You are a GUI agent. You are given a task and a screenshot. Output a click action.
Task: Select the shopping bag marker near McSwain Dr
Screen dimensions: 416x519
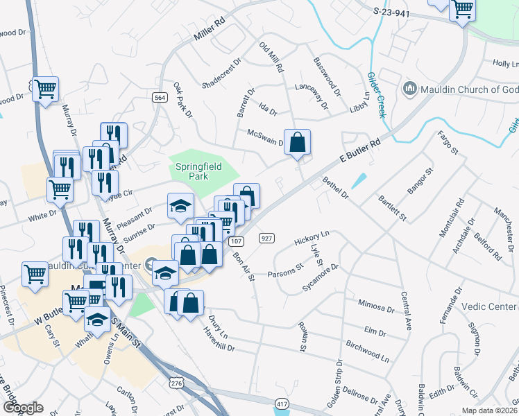pyautogui.click(x=297, y=143)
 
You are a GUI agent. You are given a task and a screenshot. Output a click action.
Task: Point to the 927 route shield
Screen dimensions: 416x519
pyautogui.click(x=266, y=239)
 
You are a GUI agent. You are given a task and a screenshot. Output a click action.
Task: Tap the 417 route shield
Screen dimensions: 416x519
pyautogui.click(x=282, y=404)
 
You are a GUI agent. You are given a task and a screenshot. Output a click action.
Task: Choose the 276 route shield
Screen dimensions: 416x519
pyautogui.click(x=177, y=383)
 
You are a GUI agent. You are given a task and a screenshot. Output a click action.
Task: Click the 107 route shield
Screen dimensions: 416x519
pyautogui.click(x=236, y=241)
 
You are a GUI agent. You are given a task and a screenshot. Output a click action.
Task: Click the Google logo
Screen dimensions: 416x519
pyautogui.click(x=22, y=408)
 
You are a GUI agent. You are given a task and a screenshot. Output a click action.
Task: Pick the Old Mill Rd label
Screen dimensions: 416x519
pyautogui.click(x=271, y=58)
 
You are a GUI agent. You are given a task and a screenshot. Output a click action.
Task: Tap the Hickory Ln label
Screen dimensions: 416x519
pyautogui.click(x=311, y=240)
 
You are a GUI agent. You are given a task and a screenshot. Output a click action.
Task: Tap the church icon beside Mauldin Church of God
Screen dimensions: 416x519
pyautogui.click(x=409, y=89)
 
